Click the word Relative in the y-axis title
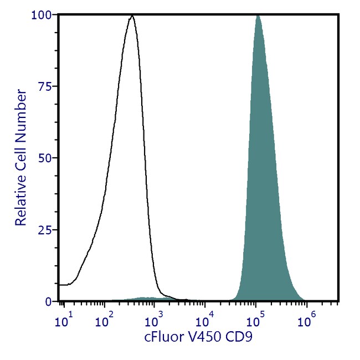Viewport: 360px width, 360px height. click(21, 199)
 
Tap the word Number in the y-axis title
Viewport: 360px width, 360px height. click(21, 110)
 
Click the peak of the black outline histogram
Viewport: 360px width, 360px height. click(131, 16)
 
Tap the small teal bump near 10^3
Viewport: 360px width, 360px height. click(145, 299)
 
